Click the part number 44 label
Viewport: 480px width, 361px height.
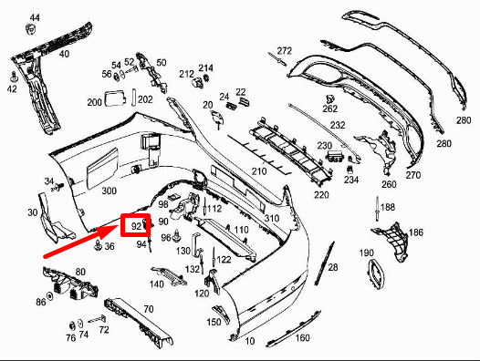pyautogui.click(x=35, y=18)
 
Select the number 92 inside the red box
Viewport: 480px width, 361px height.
pyautogui.click(x=137, y=225)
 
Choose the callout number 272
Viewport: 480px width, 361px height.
pyautogui.click(x=284, y=50)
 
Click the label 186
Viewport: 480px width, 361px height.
pyautogui.click(x=415, y=232)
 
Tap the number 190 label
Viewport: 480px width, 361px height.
pyautogui.click(x=367, y=253)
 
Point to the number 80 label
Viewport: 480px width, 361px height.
pyautogui.click(x=80, y=272)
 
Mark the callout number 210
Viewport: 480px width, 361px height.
pyautogui.click(x=259, y=170)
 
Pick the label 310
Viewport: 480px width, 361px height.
pyautogui.click(x=272, y=218)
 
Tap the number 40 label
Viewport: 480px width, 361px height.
pyautogui.click(x=64, y=54)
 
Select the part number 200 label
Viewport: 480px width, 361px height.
pyautogui.click(x=94, y=102)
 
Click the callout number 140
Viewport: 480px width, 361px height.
pyautogui.click(x=157, y=284)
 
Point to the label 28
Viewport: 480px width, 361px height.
pyautogui.click(x=332, y=266)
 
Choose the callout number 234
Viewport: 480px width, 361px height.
pyautogui.click(x=351, y=180)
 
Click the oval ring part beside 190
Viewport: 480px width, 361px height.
pyautogui.click(x=375, y=272)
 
